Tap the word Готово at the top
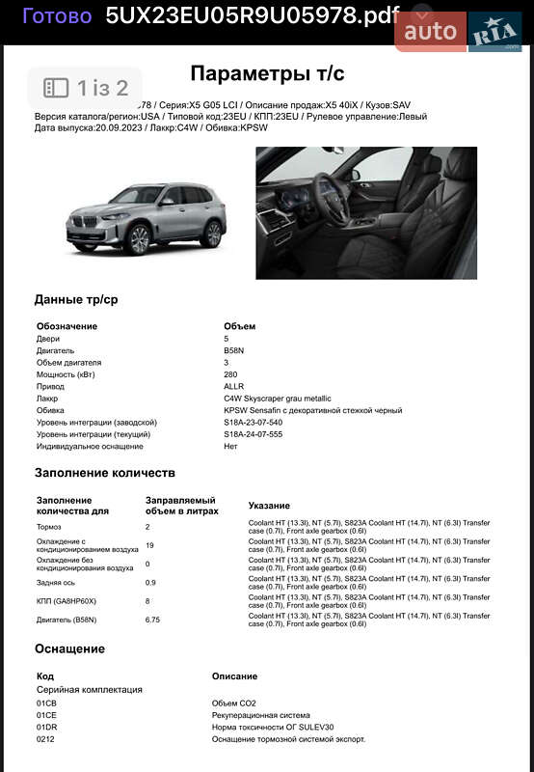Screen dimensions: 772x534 point(57,15)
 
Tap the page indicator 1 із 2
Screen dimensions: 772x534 point(86,89)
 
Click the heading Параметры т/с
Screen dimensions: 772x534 point(267,73)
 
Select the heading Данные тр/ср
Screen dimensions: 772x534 point(76,299)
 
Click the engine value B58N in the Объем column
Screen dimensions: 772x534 point(234,350)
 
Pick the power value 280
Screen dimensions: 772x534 point(231,374)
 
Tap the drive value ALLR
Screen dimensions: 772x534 point(234,386)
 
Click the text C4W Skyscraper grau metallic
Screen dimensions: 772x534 point(278,399)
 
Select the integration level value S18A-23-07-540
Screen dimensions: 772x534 point(254,422)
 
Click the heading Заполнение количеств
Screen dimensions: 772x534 point(105,473)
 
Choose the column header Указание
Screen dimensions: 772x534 point(269,506)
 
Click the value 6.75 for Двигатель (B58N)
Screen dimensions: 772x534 point(153,620)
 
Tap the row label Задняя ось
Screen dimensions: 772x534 point(56,582)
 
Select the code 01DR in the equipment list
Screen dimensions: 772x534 point(47,727)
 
